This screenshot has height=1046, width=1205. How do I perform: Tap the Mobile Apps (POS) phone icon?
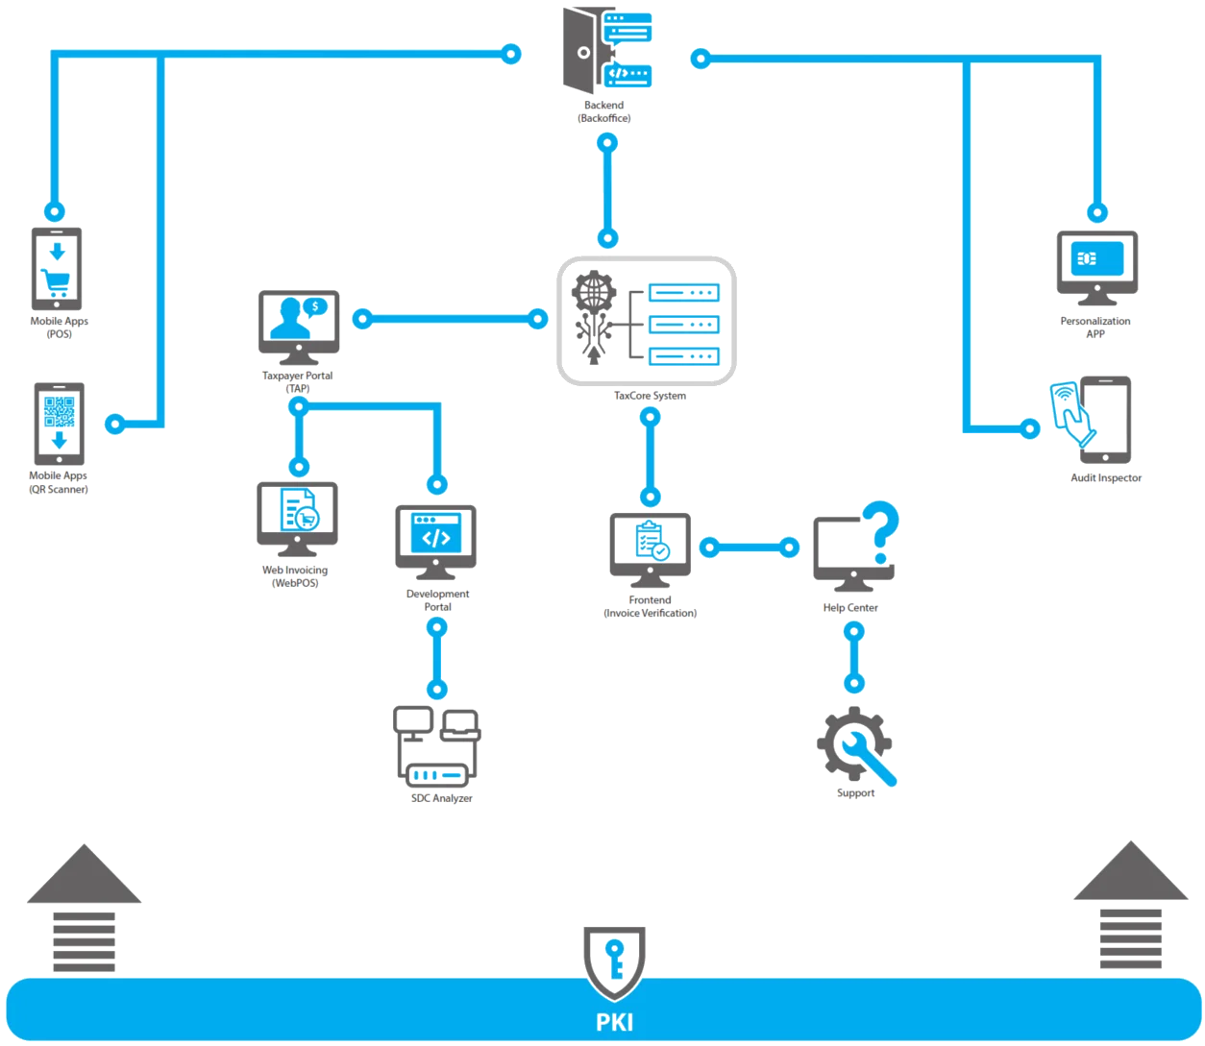click(58, 266)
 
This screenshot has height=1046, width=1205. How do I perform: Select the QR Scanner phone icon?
click(59, 423)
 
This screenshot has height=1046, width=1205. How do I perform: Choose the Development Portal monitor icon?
click(434, 534)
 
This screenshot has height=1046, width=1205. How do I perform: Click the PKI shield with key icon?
click(611, 961)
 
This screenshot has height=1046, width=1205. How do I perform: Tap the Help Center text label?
click(850, 608)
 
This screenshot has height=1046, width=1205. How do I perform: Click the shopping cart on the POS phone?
click(57, 280)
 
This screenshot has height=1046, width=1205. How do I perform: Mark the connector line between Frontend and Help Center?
click(749, 547)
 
